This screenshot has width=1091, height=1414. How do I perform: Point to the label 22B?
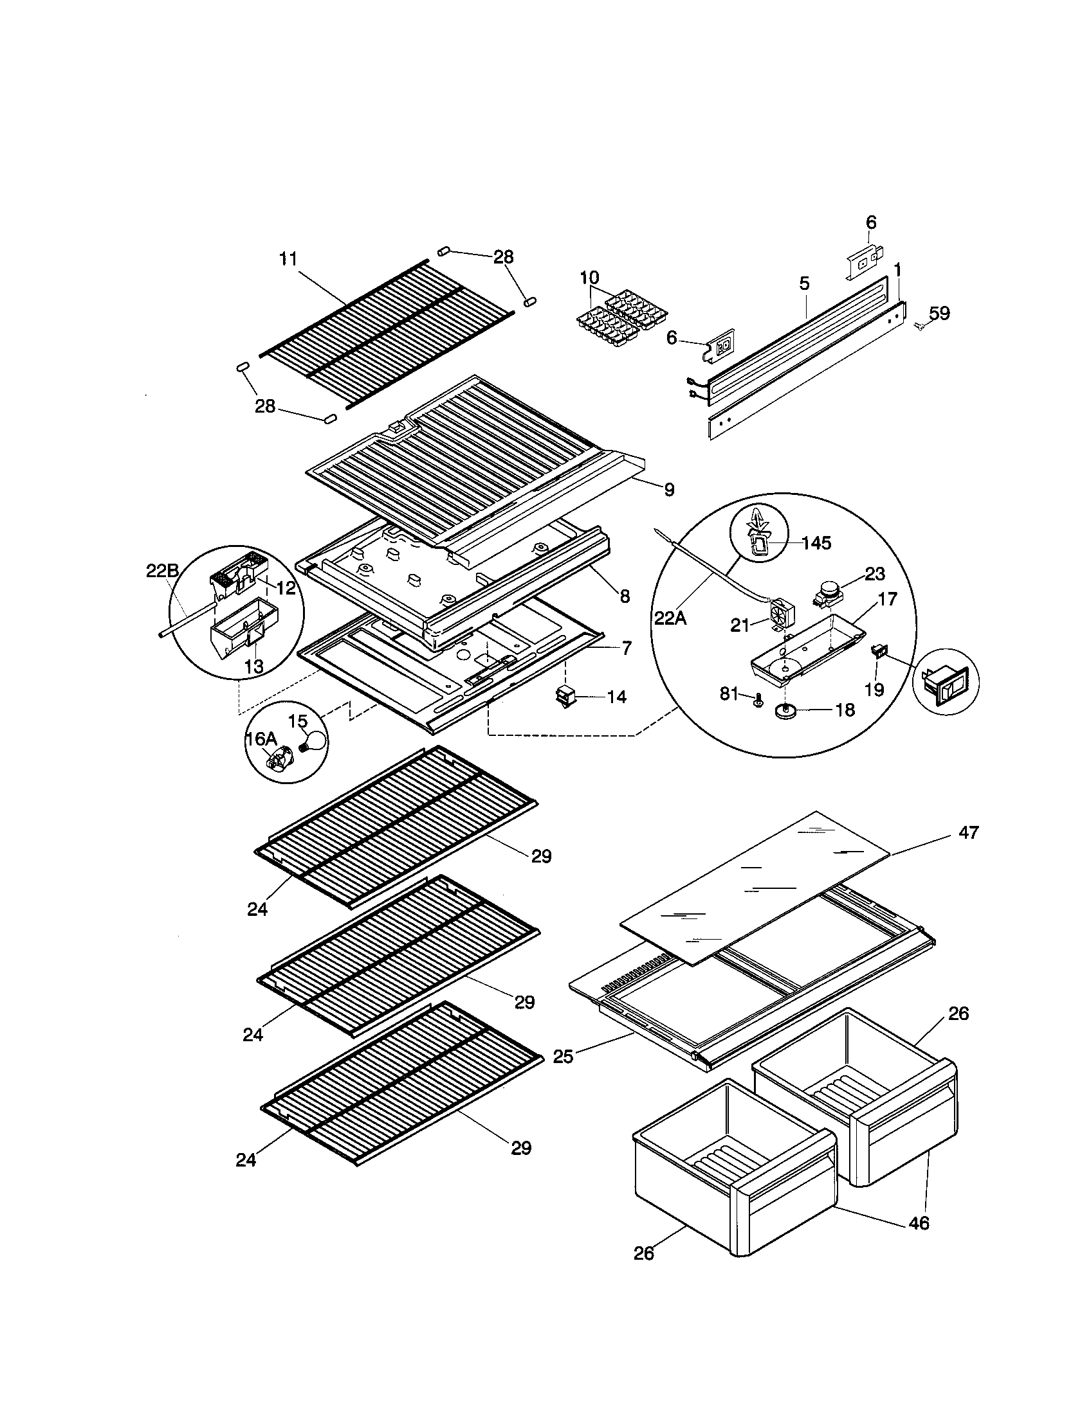click(x=161, y=570)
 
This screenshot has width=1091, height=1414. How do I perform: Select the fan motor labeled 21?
click(x=780, y=613)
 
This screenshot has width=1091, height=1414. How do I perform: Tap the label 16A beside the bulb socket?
click(x=261, y=738)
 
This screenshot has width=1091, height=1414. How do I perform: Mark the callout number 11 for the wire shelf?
click(x=288, y=259)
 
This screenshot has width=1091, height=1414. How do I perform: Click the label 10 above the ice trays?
click(x=589, y=278)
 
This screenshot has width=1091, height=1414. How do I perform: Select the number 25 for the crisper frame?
click(x=563, y=1057)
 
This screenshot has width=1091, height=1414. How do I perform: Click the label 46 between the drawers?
click(x=919, y=1222)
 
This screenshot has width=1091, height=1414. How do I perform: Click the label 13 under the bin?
click(x=254, y=666)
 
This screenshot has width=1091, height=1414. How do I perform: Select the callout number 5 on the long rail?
click(x=804, y=283)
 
